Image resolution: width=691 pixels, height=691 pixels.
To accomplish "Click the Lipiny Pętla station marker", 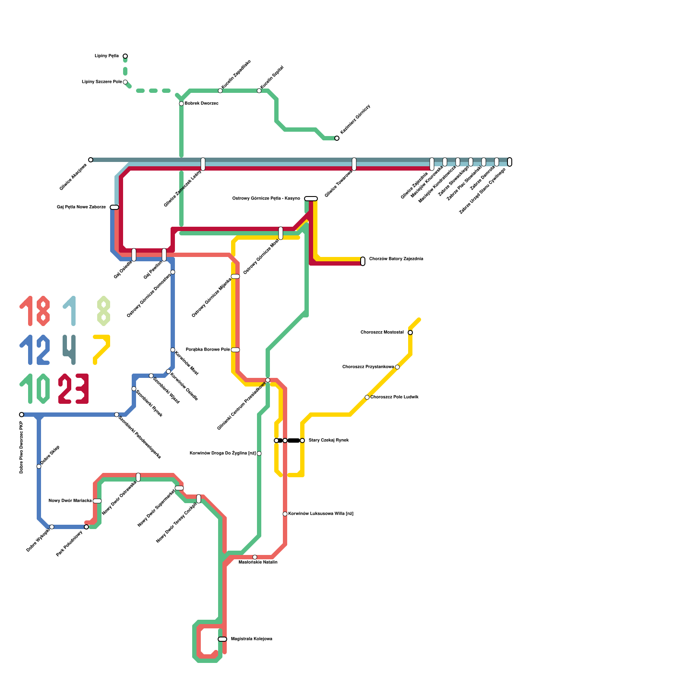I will click(125, 56).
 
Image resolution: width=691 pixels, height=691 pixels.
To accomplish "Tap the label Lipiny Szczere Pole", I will click(102, 82).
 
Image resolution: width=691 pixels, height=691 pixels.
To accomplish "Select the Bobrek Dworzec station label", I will click(201, 104).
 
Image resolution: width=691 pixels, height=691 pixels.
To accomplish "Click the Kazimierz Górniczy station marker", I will click(337, 138).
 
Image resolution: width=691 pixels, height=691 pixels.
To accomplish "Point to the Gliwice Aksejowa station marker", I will click(91, 160).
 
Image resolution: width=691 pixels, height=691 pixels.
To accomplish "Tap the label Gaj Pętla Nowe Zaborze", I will click(81, 207).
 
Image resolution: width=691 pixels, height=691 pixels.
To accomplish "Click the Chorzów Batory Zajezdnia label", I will click(396, 259).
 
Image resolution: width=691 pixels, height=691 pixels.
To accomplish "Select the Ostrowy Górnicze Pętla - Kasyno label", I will click(266, 199).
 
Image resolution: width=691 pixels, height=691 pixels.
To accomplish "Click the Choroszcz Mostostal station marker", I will click(410, 333).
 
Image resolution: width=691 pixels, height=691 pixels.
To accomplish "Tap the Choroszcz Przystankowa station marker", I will click(397, 367).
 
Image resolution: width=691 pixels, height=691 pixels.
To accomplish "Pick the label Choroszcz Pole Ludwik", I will click(394, 397).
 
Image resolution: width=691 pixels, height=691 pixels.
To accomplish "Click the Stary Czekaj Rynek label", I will click(329, 441).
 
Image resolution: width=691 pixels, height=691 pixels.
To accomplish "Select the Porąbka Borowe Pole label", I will click(208, 350).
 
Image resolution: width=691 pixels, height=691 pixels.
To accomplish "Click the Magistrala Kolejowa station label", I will click(251, 639).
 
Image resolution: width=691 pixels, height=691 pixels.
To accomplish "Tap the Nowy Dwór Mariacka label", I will click(70, 501).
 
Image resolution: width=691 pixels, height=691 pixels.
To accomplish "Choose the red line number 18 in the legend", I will click(35, 311).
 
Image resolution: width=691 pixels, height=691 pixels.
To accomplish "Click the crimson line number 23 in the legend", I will click(73, 389).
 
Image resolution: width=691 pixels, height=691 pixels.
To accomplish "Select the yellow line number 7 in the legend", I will click(102, 349).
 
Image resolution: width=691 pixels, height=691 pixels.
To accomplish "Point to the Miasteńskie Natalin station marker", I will click(255, 557).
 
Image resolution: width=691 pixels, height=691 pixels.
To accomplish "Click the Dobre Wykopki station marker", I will click(52, 527).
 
